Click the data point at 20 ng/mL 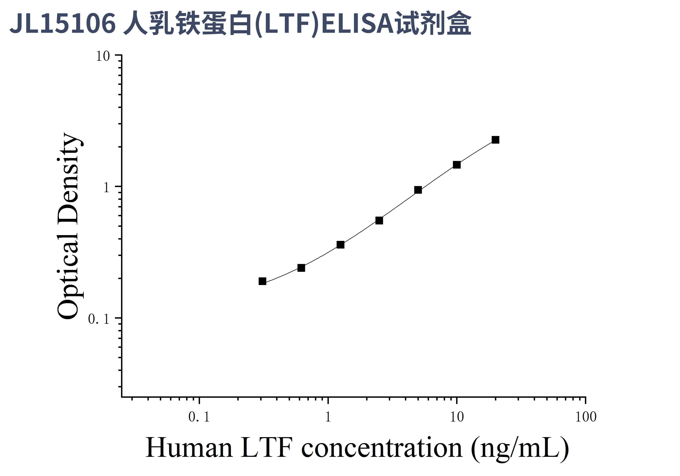click(x=495, y=140)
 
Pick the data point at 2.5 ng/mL click(x=379, y=220)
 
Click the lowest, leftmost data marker click(x=262, y=281)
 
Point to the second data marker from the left click(x=301, y=268)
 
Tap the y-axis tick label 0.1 click(x=99, y=319)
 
